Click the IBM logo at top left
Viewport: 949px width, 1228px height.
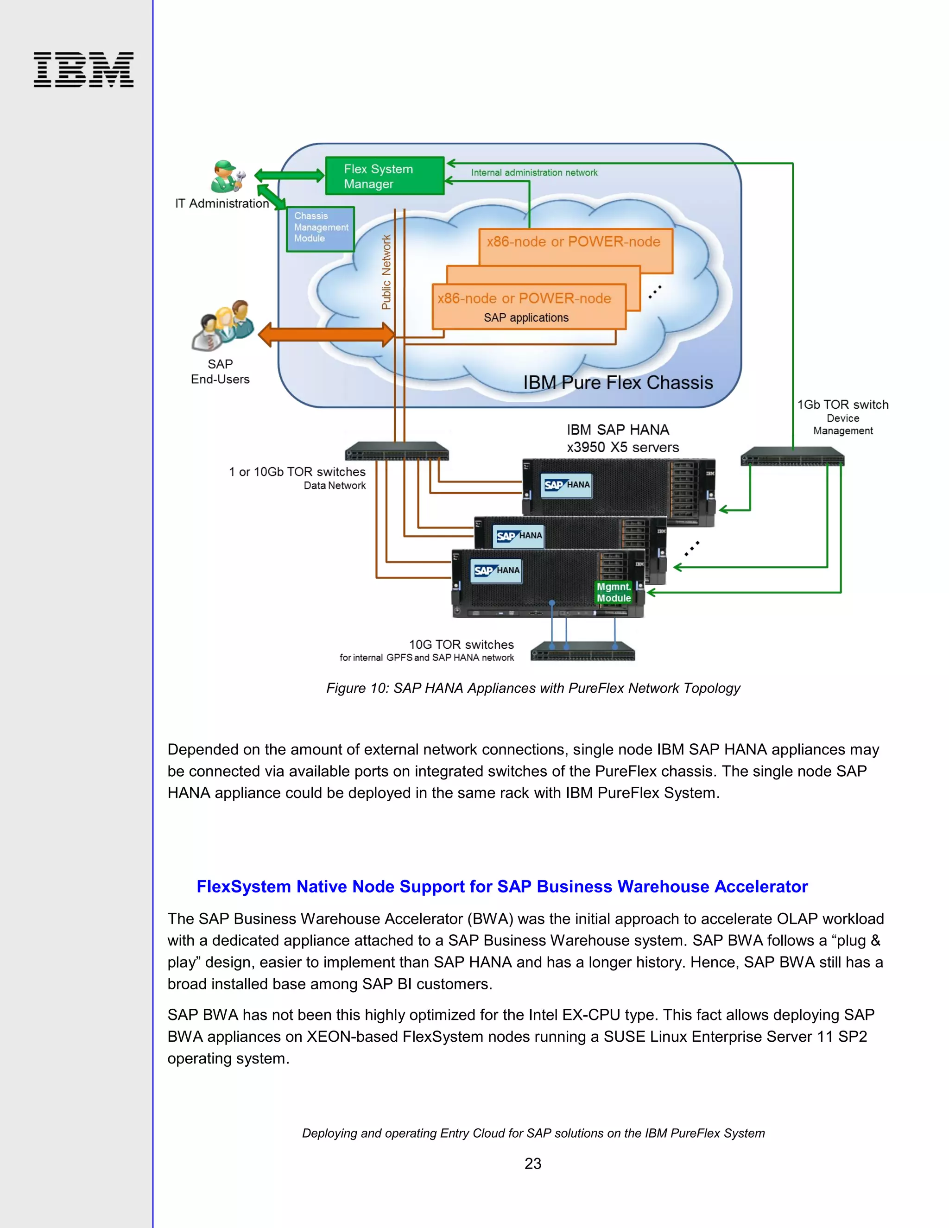click(83, 70)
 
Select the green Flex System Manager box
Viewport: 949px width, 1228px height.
click(385, 176)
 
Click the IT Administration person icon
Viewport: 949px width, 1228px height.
click(227, 177)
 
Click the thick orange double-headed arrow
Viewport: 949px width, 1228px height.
click(326, 335)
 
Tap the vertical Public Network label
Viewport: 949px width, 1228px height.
click(386, 272)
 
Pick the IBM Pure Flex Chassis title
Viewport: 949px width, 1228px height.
click(617, 382)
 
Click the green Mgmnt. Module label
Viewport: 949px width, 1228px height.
click(614, 593)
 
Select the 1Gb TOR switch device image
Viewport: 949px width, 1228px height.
click(792, 456)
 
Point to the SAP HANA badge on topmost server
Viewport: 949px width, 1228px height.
click(567, 485)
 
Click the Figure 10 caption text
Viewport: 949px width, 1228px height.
click(532, 688)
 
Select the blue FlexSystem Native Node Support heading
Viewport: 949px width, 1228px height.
click(501, 886)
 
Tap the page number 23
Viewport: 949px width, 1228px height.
click(532, 1163)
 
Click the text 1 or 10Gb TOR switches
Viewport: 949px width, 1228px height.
click(297, 472)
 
